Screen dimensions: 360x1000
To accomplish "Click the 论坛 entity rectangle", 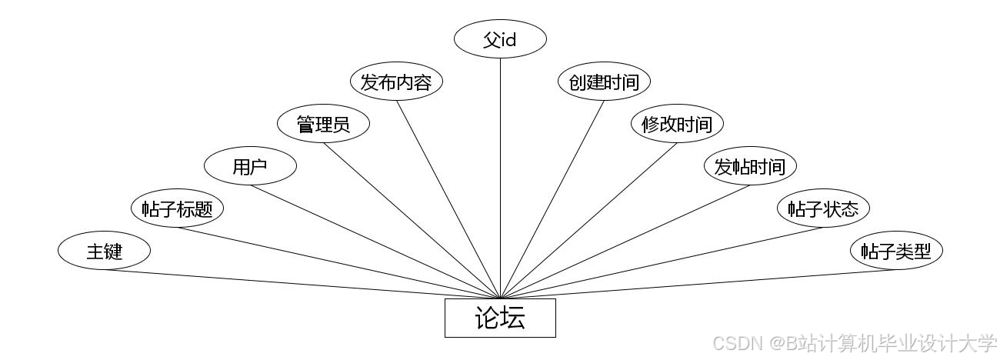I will tap(500, 318).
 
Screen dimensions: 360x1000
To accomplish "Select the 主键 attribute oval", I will tap(104, 251).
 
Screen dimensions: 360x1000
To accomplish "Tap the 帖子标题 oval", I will tap(177, 208).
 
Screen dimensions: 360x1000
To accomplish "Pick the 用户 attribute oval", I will tap(250, 166).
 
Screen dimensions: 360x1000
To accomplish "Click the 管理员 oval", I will tap(323, 124).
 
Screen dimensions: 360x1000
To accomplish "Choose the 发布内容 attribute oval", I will tap(396, 82).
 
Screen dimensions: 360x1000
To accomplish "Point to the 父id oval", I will tap(500, 39).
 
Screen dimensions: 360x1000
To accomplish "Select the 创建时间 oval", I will tap(604, 82).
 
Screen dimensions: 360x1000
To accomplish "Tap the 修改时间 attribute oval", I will tap(677, 124).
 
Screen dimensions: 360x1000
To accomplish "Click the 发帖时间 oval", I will tap(750, 166).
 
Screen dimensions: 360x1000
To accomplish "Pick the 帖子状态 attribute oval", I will tap(823, 208).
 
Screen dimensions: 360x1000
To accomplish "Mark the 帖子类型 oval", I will tap(896, 251).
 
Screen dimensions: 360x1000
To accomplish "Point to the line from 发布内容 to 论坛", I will tap(448, 199).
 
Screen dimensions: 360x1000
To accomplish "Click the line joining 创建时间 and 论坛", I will tap(552, 199).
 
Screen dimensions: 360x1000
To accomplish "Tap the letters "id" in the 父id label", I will tap(508, 39).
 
